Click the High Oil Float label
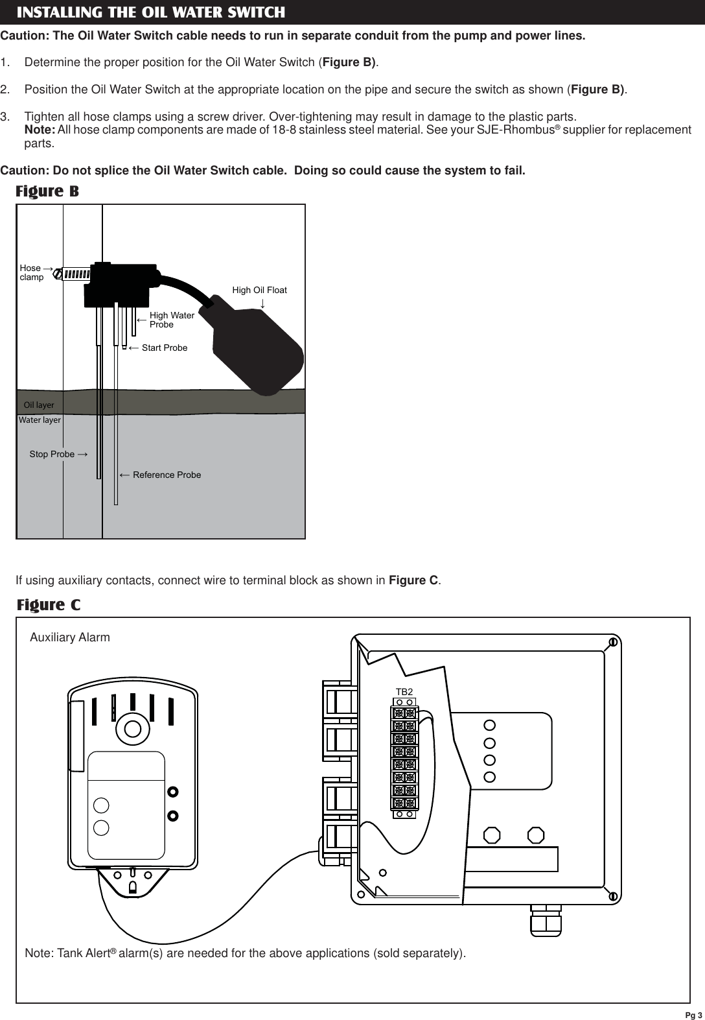coord(259,290)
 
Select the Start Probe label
coord(164,348)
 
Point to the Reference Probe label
coord(167,475)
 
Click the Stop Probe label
coord(52,454)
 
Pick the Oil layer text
coord(39,405)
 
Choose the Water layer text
coord(40,420)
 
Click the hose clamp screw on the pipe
coord(58,274)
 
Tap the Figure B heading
coord(47,192)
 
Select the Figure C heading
coord(49,605)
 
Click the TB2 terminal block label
coord(404,692)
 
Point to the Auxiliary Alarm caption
coord(70,637)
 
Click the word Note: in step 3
coord(40,130)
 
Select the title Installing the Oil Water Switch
coord(150,12)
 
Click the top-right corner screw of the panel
coord(612,642)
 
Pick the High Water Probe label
coord(172,320)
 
